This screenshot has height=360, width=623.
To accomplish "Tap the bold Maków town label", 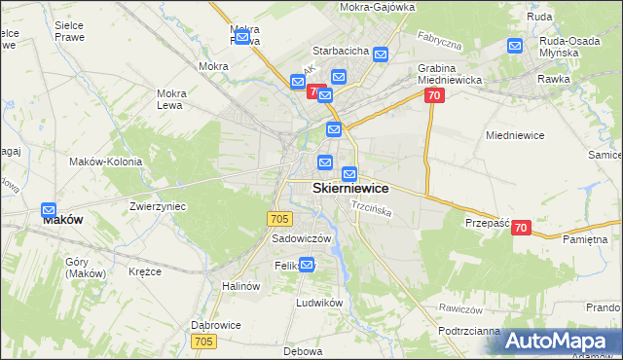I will click(62, 220).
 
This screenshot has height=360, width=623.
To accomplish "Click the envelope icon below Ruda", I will click(515, 45).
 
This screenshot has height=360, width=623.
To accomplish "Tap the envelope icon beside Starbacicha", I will click(380, 55).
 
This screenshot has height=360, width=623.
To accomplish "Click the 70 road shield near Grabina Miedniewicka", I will click(434, 94).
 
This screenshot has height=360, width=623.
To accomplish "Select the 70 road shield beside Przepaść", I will click(521, 228).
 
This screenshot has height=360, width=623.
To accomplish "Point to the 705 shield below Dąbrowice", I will click(203, 341).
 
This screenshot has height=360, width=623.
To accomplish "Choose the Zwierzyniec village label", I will click(158, 207).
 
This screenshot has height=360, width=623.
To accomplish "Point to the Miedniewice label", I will click(512, 136).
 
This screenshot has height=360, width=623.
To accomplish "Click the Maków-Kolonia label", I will click(105, 162).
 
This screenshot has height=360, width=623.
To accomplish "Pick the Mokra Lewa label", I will click(171, 98).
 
